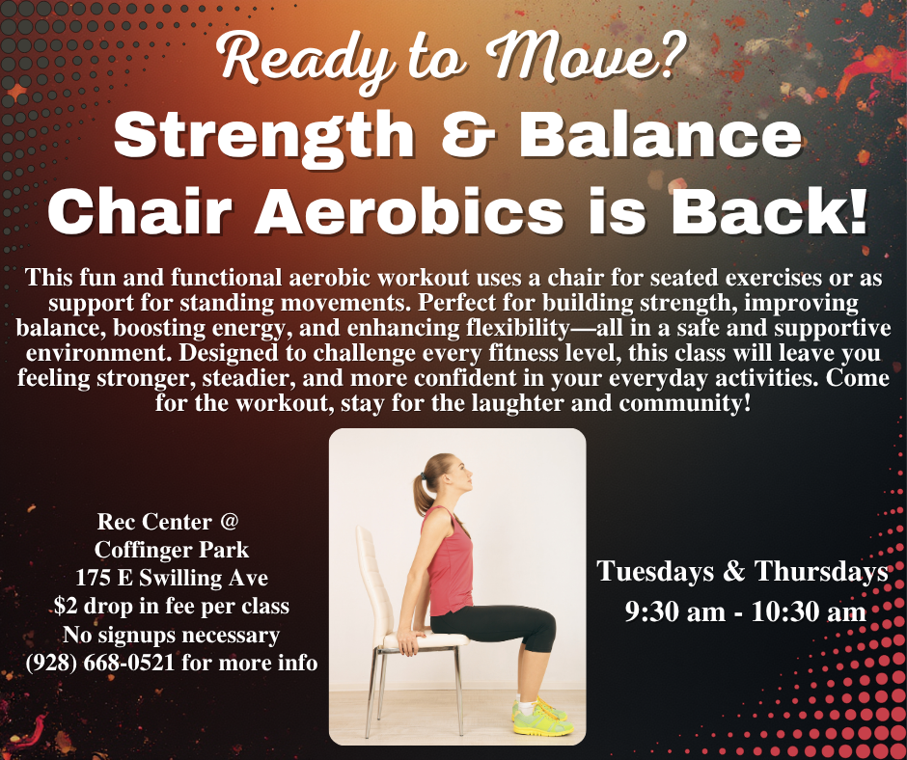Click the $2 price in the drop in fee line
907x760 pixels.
tap(66, 607)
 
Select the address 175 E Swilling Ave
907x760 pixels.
tap(171, 579)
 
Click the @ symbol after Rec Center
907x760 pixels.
tap(229, 522)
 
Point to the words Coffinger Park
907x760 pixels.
tap(171, 550)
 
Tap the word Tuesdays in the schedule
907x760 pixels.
tap(656, 571)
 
